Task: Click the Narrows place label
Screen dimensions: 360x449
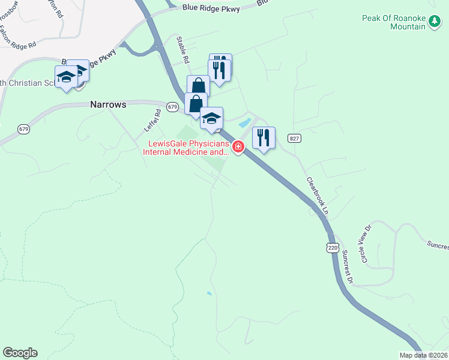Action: [108, 104]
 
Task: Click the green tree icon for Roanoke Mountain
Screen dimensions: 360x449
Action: [435, 23]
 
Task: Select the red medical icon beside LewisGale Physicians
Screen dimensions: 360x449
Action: [238, 146]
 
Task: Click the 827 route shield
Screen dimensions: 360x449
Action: [294, 139]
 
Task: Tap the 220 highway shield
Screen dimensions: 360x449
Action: [333, 248]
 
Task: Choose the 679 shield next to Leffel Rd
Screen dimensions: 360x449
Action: [173, 107]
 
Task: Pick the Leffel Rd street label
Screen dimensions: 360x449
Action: [152, 120]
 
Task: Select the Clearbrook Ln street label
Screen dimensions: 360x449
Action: [318, 196]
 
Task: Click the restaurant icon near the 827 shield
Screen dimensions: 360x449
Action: [264, 137]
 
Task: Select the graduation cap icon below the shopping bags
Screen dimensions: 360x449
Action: [211, 118]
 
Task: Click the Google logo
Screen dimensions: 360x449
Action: [20, 353]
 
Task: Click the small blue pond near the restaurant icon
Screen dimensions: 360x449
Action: [244, 123]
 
